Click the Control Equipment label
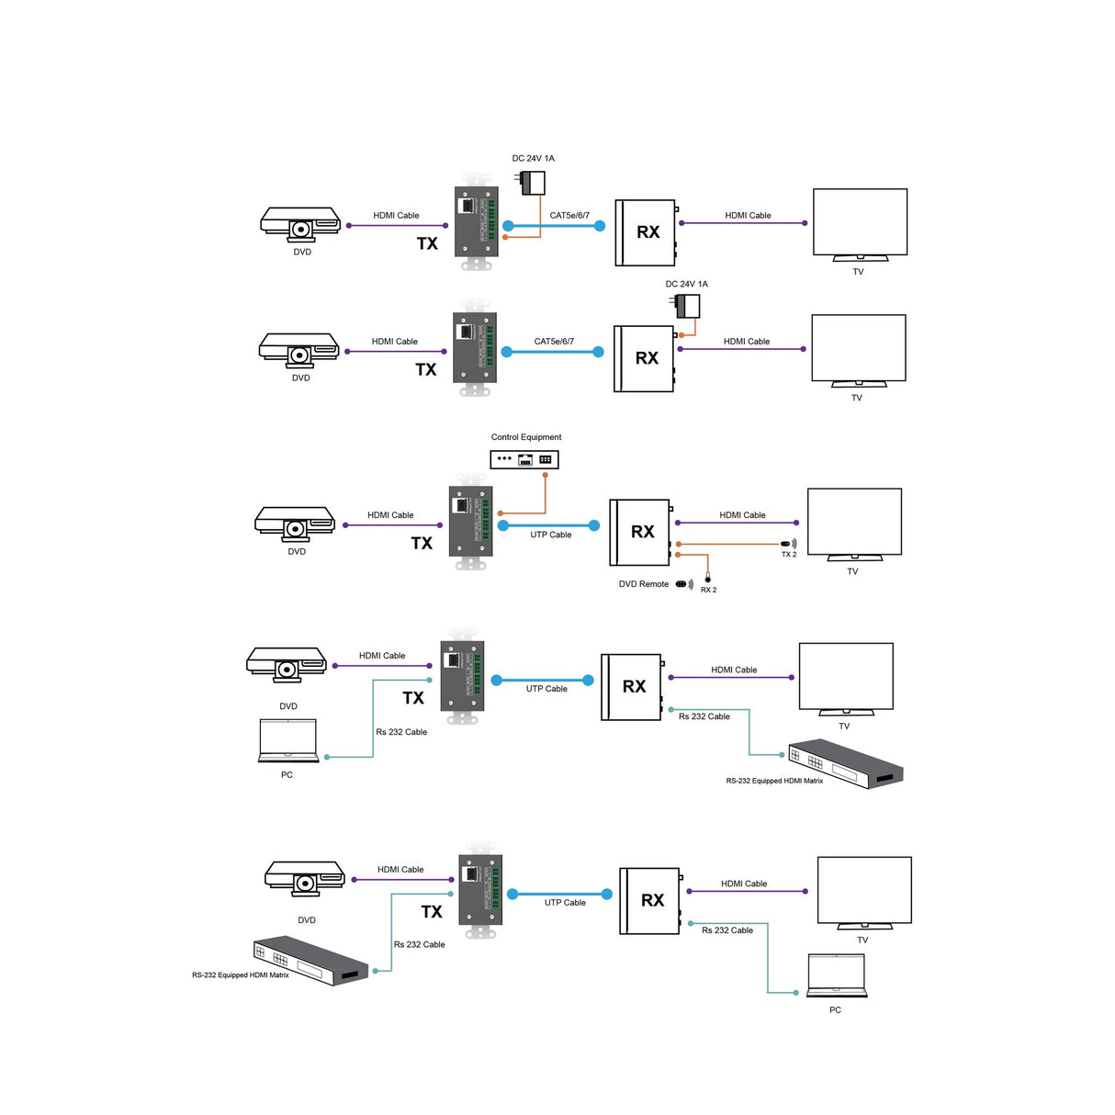pos(526,437)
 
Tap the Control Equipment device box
pos(524,459)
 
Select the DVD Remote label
pos(643,584)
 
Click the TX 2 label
pos(789,555)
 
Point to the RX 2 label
pos(708,590)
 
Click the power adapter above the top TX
pos(533,183)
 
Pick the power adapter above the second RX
pos(688,306)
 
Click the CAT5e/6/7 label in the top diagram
pos(569,216)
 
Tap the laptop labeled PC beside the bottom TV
pos(837,976)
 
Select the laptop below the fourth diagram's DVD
pos(288,741)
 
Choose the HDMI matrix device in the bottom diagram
pos(310,961)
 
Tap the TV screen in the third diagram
pos(854,522)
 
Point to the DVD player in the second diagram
pos(299,349)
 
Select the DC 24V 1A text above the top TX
pos(533,158)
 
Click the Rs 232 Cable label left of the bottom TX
pos(420,944)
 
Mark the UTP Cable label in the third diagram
pos(551,535)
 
